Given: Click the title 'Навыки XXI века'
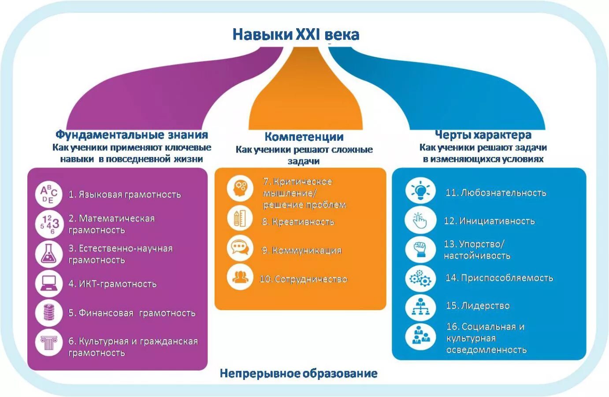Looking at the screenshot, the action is (296, 34).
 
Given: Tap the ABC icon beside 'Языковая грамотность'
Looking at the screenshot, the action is (48, 194).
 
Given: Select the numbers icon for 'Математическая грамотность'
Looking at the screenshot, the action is (48, 224).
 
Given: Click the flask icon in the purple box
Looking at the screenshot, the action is (48, 254).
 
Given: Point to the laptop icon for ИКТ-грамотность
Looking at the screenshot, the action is (48, 284).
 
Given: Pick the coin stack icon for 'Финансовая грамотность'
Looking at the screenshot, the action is (48, 313).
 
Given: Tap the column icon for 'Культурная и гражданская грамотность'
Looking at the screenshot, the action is (48, 342).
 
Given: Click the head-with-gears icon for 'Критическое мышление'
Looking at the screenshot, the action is (240, 187).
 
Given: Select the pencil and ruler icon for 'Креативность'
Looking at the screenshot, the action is (240, 218).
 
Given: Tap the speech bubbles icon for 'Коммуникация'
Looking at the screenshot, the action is (240, 247).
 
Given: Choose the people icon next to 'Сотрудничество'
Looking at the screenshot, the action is (240, 277).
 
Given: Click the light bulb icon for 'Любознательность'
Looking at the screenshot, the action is (420, 191).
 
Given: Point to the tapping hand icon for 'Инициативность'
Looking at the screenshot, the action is (420, 220).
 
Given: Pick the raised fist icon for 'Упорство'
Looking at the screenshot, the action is (420, 249).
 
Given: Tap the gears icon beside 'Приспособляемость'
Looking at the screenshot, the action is (420, 278).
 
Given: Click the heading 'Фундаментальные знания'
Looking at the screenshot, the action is (131, 135).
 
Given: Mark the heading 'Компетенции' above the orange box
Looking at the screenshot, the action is (304, 137).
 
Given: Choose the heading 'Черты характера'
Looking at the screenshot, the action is (483, 135).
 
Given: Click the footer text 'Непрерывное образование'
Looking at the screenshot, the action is (298, 374).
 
